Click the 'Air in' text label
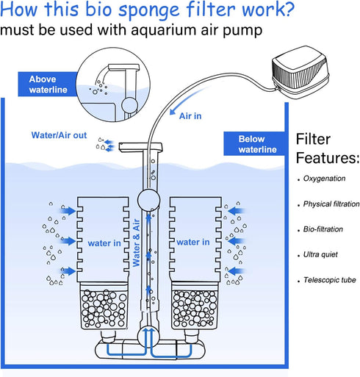pos(186,113)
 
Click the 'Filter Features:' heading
pos(326,148)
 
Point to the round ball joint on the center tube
pos(148,199)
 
